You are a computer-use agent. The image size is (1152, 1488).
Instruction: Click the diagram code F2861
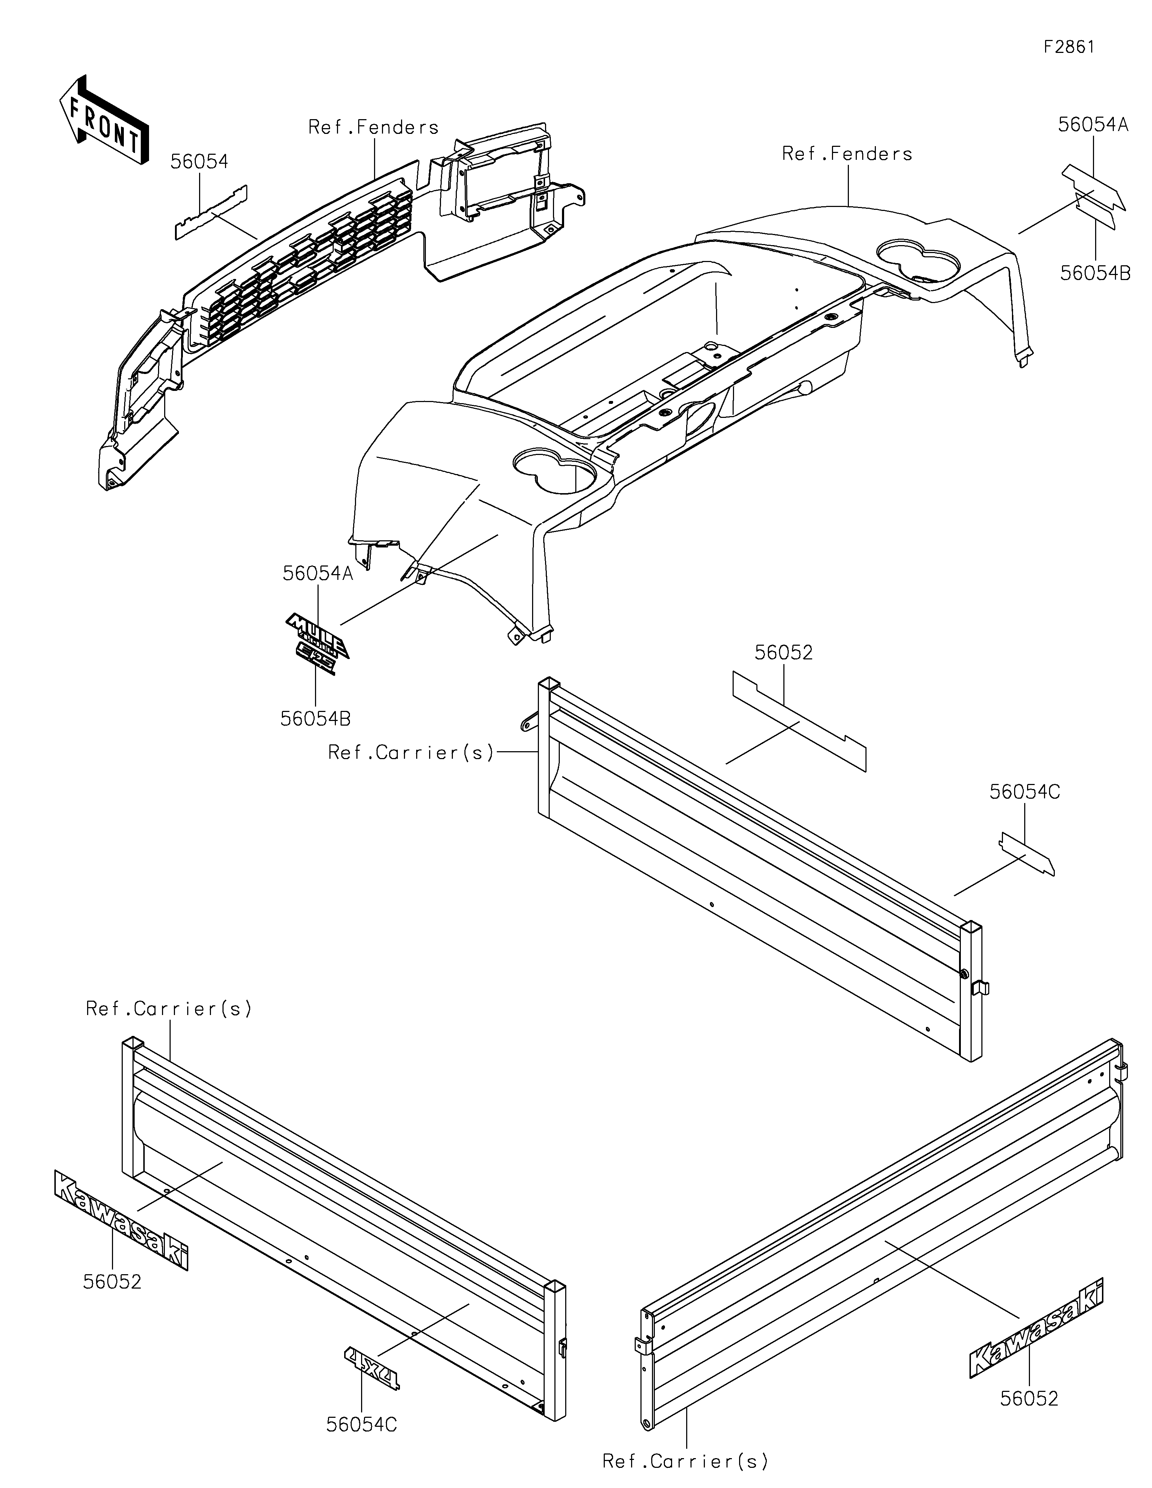1069,47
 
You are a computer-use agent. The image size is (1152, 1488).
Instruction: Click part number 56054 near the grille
199,162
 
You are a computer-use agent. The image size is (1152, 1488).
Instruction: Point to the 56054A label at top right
1093,125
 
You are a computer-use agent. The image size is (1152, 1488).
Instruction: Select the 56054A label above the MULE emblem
318,574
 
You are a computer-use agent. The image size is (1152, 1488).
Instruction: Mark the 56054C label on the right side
1025,792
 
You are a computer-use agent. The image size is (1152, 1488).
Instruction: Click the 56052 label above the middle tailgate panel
783,653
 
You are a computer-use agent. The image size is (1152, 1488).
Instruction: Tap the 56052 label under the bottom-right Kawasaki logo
1029,1399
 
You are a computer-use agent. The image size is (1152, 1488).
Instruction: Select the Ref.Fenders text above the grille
373,127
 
